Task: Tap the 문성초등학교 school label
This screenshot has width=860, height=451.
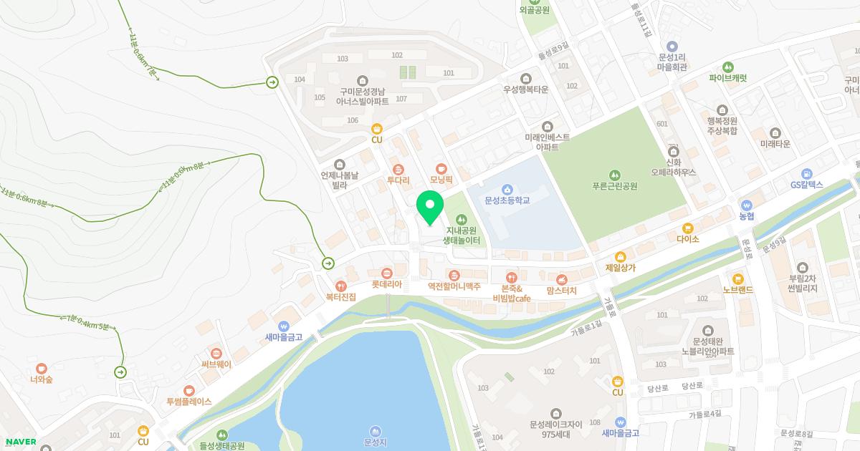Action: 507,200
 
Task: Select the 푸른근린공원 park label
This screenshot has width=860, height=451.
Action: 614,186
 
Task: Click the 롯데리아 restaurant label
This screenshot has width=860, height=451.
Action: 386,283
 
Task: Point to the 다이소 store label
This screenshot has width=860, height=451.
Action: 687,239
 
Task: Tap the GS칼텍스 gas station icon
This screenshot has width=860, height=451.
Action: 807,174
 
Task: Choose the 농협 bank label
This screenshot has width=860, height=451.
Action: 747,215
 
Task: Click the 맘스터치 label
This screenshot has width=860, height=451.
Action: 561,290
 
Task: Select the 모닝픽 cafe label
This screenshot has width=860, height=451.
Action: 441,180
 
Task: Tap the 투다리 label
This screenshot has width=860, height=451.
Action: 398,180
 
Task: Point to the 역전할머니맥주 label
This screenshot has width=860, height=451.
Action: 454,286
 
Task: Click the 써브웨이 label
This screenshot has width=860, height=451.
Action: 216,364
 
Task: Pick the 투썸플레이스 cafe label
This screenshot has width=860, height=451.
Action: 188,401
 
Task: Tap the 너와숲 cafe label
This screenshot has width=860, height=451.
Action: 42,379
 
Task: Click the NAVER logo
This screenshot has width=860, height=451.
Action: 20,442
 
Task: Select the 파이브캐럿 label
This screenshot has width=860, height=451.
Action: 727,78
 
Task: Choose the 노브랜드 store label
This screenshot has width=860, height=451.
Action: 737,290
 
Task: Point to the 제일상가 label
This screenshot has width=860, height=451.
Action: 621,268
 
